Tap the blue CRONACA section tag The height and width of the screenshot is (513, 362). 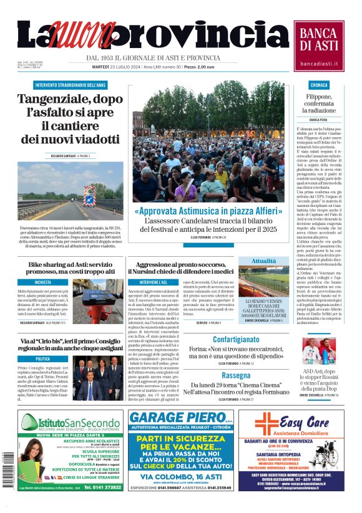coord(319,85)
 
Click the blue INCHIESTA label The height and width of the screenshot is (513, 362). coord(43,282)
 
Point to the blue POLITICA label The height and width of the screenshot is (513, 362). coord(43,358)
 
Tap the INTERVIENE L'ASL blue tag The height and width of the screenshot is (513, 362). coord(145,282)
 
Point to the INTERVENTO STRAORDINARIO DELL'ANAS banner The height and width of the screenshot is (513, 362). coord(62,85)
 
